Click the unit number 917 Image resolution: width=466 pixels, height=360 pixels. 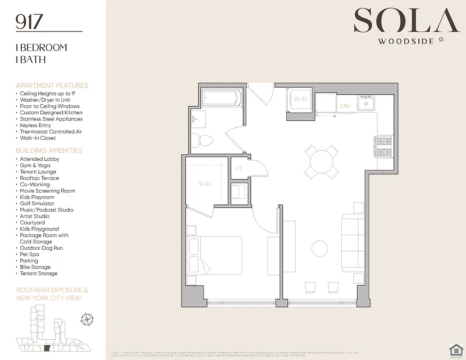pos(30,22)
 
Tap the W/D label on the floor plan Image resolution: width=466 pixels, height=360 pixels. pos(300,99)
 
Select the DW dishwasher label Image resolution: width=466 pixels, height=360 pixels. pos(346,106)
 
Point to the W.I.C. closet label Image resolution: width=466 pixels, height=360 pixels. pos(206,184)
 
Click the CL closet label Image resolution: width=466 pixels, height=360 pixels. pos(240,169)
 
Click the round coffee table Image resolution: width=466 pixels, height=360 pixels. pos(320,248)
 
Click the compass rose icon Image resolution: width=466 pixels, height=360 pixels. pos(86,319)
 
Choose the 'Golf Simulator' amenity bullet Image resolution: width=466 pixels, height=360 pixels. pos(37,203)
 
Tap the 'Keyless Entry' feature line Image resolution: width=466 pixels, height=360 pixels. pos(35,125)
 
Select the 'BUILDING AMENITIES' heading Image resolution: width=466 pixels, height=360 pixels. pos(49,150)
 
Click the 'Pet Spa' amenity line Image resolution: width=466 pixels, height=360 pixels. pos(29,254)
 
